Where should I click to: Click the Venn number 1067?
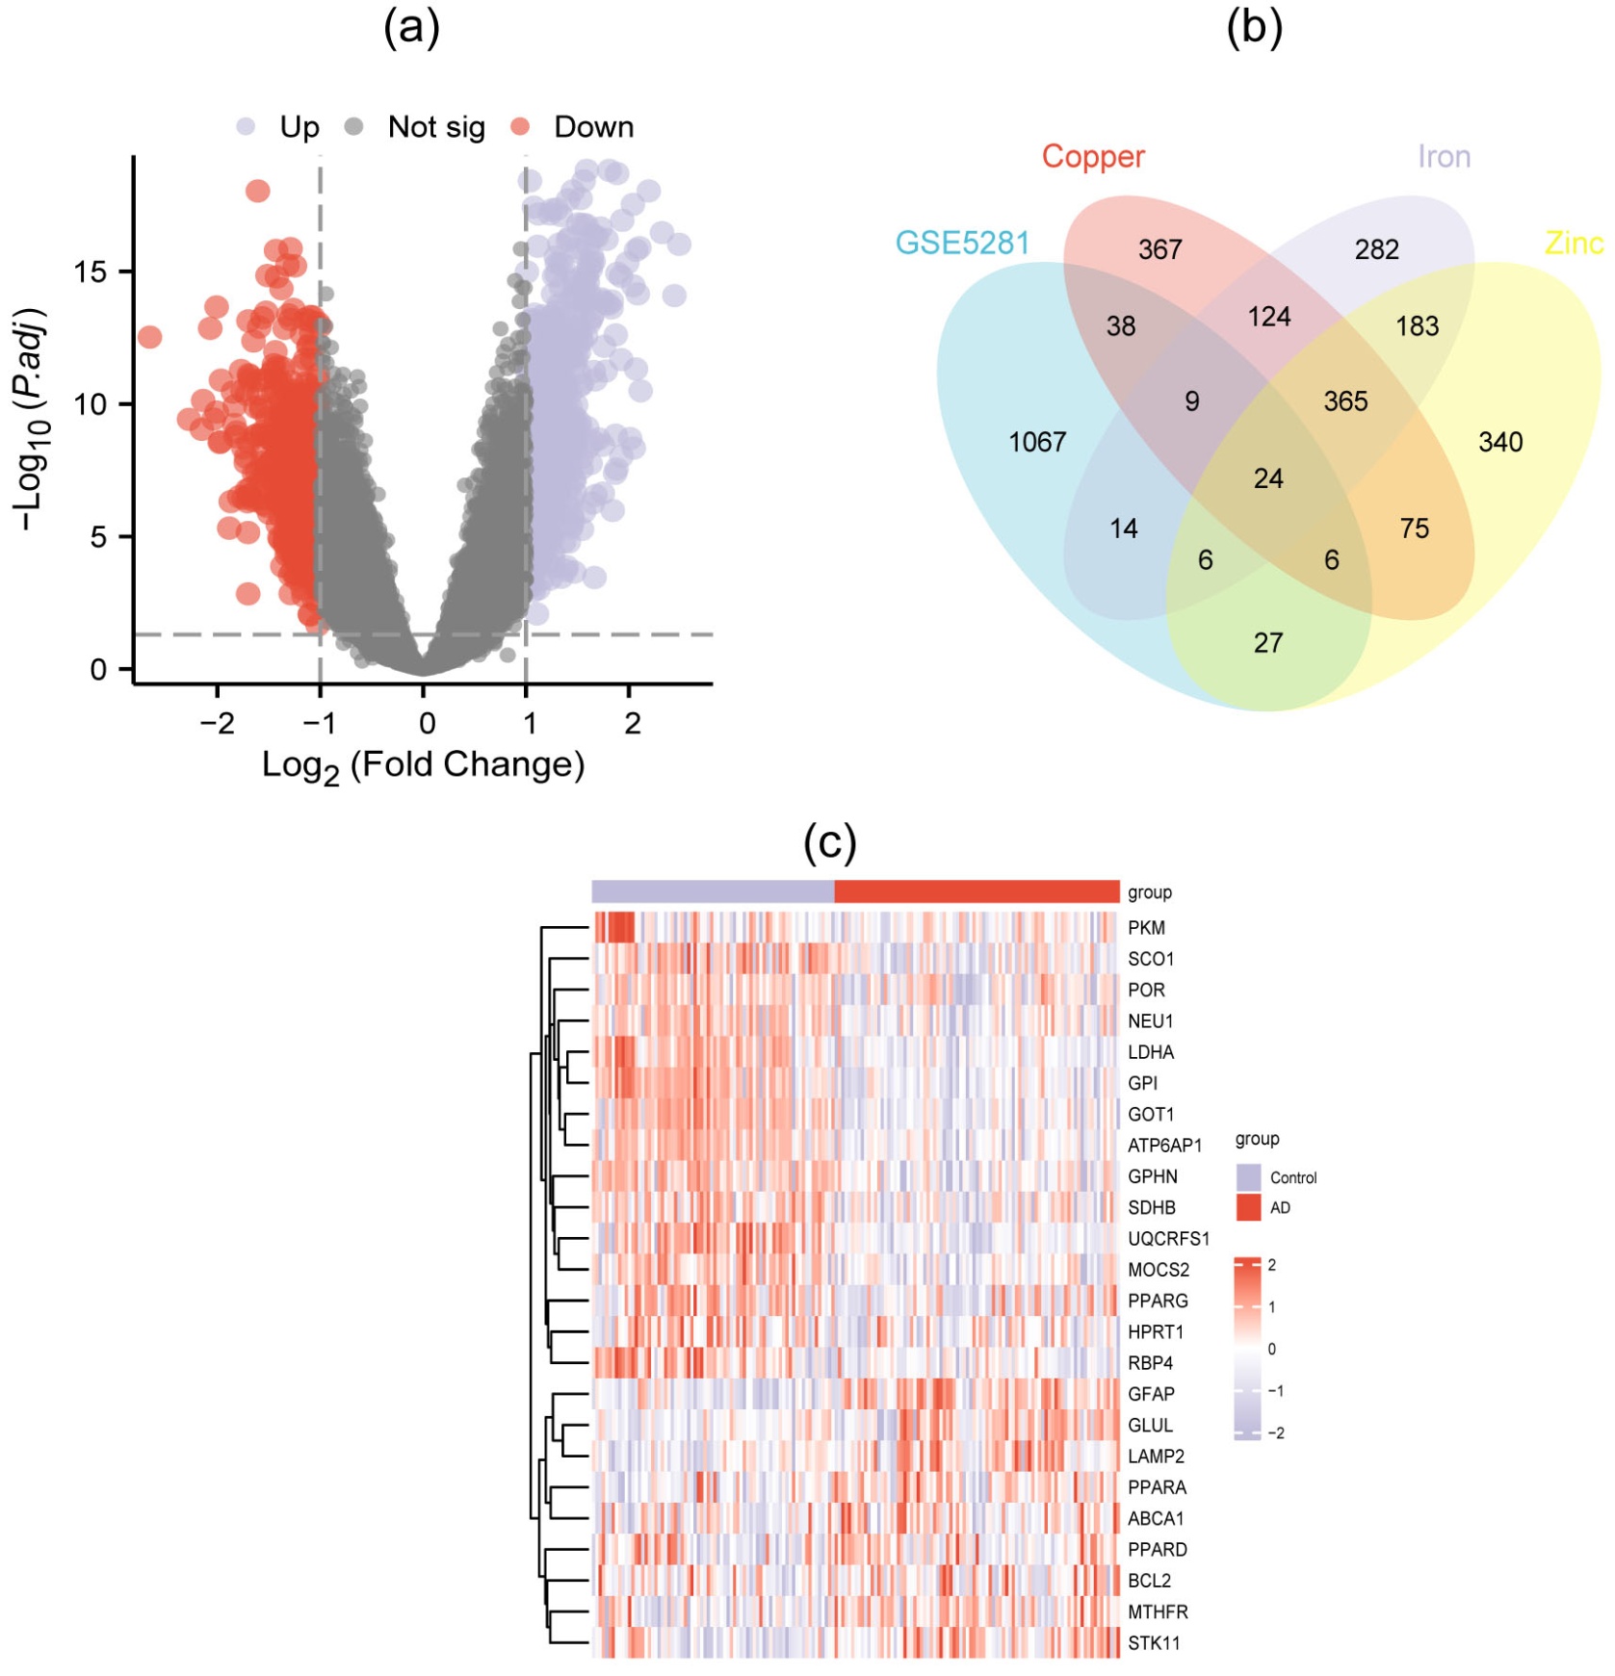coord(1036,442)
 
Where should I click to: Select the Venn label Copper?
coord(1093,156)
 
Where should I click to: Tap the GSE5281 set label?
coord(962,243)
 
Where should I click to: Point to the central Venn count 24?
coord(1267,478)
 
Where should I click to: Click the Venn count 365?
coord(1344,401)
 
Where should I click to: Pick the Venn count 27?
coord(1267,642)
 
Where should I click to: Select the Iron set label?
coord(1443,156)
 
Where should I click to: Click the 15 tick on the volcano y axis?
coord(91,272)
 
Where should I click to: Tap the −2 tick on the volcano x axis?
coord(217,722)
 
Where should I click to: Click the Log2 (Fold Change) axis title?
coord(423,766)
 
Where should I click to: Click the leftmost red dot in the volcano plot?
coord(149,337)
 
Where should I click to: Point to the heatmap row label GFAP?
coord(1151,1394)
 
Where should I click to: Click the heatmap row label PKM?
coord(1146,928)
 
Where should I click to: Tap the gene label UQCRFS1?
coord(1168,1239)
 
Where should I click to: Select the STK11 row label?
coord(1154,1643)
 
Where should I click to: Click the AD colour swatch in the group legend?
coord(1248,1207)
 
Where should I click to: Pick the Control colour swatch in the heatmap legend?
coord(1248,1176)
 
